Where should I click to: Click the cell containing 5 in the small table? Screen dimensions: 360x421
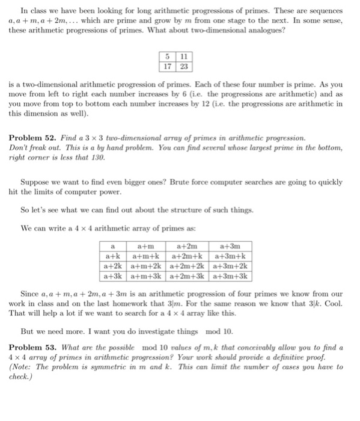click(x=168, y=57)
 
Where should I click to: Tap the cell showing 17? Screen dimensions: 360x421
click(x=168, y=67)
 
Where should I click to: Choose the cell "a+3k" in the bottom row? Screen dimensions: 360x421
click(x=112, y=277)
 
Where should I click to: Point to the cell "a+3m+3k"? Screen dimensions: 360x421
click(x=230, y=277)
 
